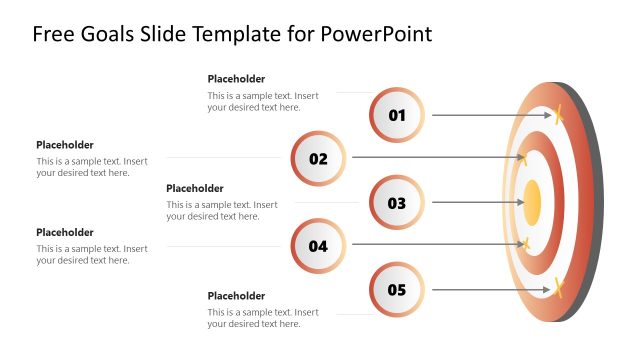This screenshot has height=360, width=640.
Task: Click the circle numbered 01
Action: [397, 115]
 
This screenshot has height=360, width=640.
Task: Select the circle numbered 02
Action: [318, 158]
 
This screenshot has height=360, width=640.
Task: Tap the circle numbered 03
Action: [397, 203]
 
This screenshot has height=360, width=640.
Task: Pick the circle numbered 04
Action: [318, 246]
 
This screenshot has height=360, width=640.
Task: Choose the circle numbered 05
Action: [397, 291]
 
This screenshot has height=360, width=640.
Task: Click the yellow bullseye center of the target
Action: [532, 202]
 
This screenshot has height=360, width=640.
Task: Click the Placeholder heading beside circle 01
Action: [236, 79]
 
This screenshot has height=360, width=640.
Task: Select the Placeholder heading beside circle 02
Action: [65, 145]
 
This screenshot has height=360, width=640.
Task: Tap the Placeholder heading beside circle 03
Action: [195, 188]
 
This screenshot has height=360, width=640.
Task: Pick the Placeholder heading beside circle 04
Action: [65, 232]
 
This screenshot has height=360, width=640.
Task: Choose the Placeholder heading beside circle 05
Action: [236, 296]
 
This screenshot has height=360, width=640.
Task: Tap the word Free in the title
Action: [51, 34]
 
